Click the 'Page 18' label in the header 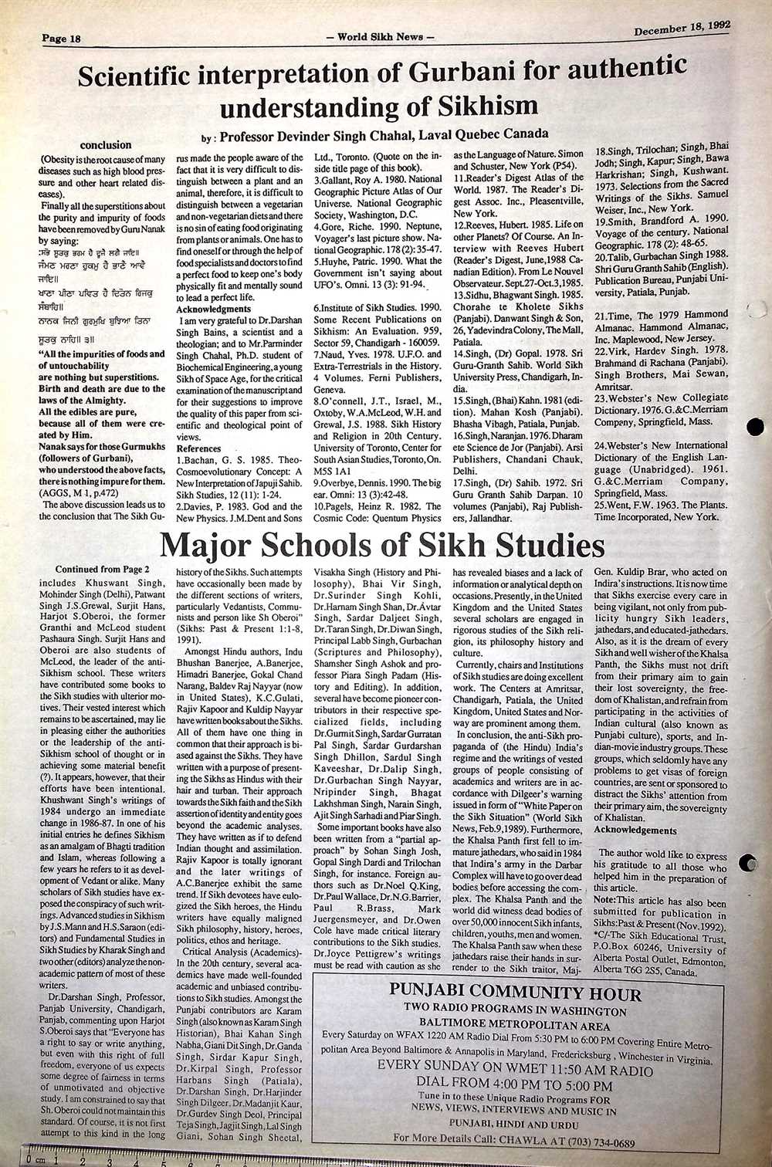pos(62,38)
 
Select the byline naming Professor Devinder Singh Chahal pos(374,136)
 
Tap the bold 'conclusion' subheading pos(106,144)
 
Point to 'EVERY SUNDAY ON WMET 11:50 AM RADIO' pos(515,1071)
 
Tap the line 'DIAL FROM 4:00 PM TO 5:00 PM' pos(515,1085)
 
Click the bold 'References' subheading pos(198,448)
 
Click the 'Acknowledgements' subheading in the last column pos(635,830)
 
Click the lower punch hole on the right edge pos(748,864)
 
